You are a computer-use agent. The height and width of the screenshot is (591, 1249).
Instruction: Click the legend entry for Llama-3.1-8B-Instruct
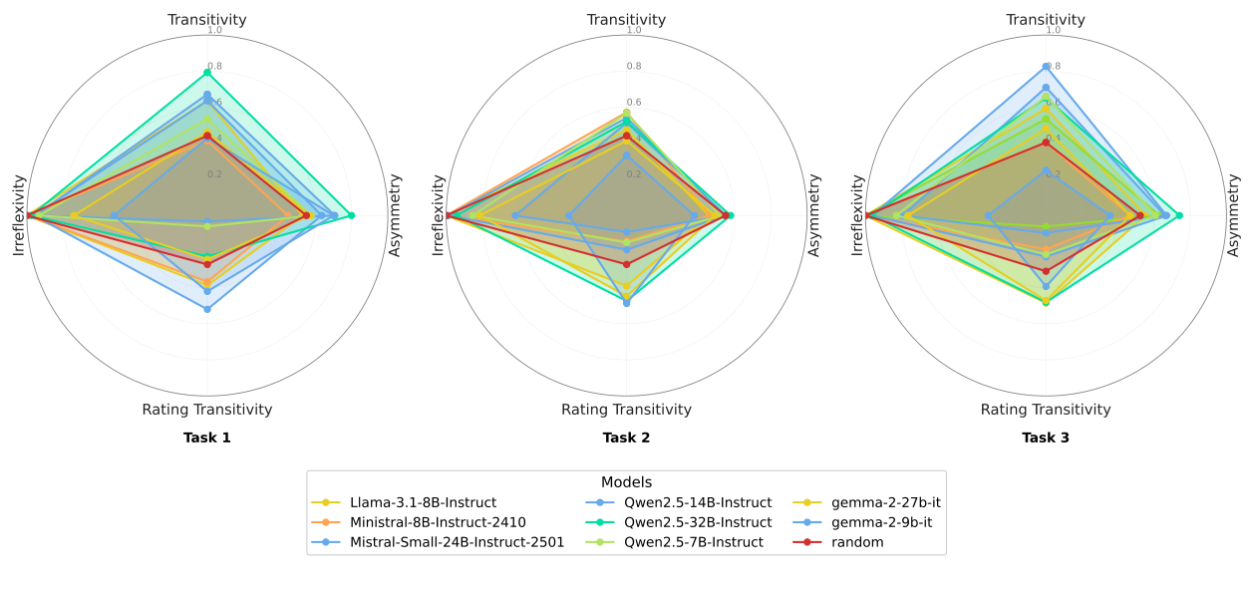[423, 502]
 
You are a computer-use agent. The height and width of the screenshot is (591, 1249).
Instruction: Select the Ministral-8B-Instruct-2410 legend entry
[438, 522]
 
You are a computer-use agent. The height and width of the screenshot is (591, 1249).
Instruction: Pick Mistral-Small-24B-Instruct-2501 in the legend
[457, 542]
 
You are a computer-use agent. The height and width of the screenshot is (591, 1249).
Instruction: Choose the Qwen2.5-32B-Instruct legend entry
[698, 522]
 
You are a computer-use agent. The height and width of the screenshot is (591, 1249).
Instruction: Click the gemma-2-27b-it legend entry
[885, 502]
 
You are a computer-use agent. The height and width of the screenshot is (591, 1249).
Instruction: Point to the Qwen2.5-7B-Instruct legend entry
[694, 542]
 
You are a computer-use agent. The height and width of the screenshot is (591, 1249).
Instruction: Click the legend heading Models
[626, 482]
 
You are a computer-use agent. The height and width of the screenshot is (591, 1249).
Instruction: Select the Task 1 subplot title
[207, 438]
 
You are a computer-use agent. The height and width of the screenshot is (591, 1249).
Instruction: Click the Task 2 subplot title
[626, 438]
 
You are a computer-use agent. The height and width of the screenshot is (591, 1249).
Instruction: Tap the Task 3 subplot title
[1046, 438]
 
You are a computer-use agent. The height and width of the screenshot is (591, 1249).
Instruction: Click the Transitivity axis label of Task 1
[207, 20]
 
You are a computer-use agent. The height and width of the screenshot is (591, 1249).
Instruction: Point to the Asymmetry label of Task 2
[813, 215]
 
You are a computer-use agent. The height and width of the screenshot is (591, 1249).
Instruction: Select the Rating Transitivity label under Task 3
[1046, 410]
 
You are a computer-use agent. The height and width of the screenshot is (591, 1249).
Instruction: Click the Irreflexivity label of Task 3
[857, 215]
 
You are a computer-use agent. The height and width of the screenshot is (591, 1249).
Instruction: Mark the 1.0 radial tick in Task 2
[634, 30]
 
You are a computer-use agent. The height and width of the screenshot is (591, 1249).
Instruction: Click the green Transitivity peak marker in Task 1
[207, 73]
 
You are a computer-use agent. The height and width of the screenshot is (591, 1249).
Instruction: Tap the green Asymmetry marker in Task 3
[1179, 215]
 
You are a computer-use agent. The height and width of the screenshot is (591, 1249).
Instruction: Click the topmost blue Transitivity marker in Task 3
[1046, 67]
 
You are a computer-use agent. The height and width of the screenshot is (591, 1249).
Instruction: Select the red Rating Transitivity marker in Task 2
[627, 264]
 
